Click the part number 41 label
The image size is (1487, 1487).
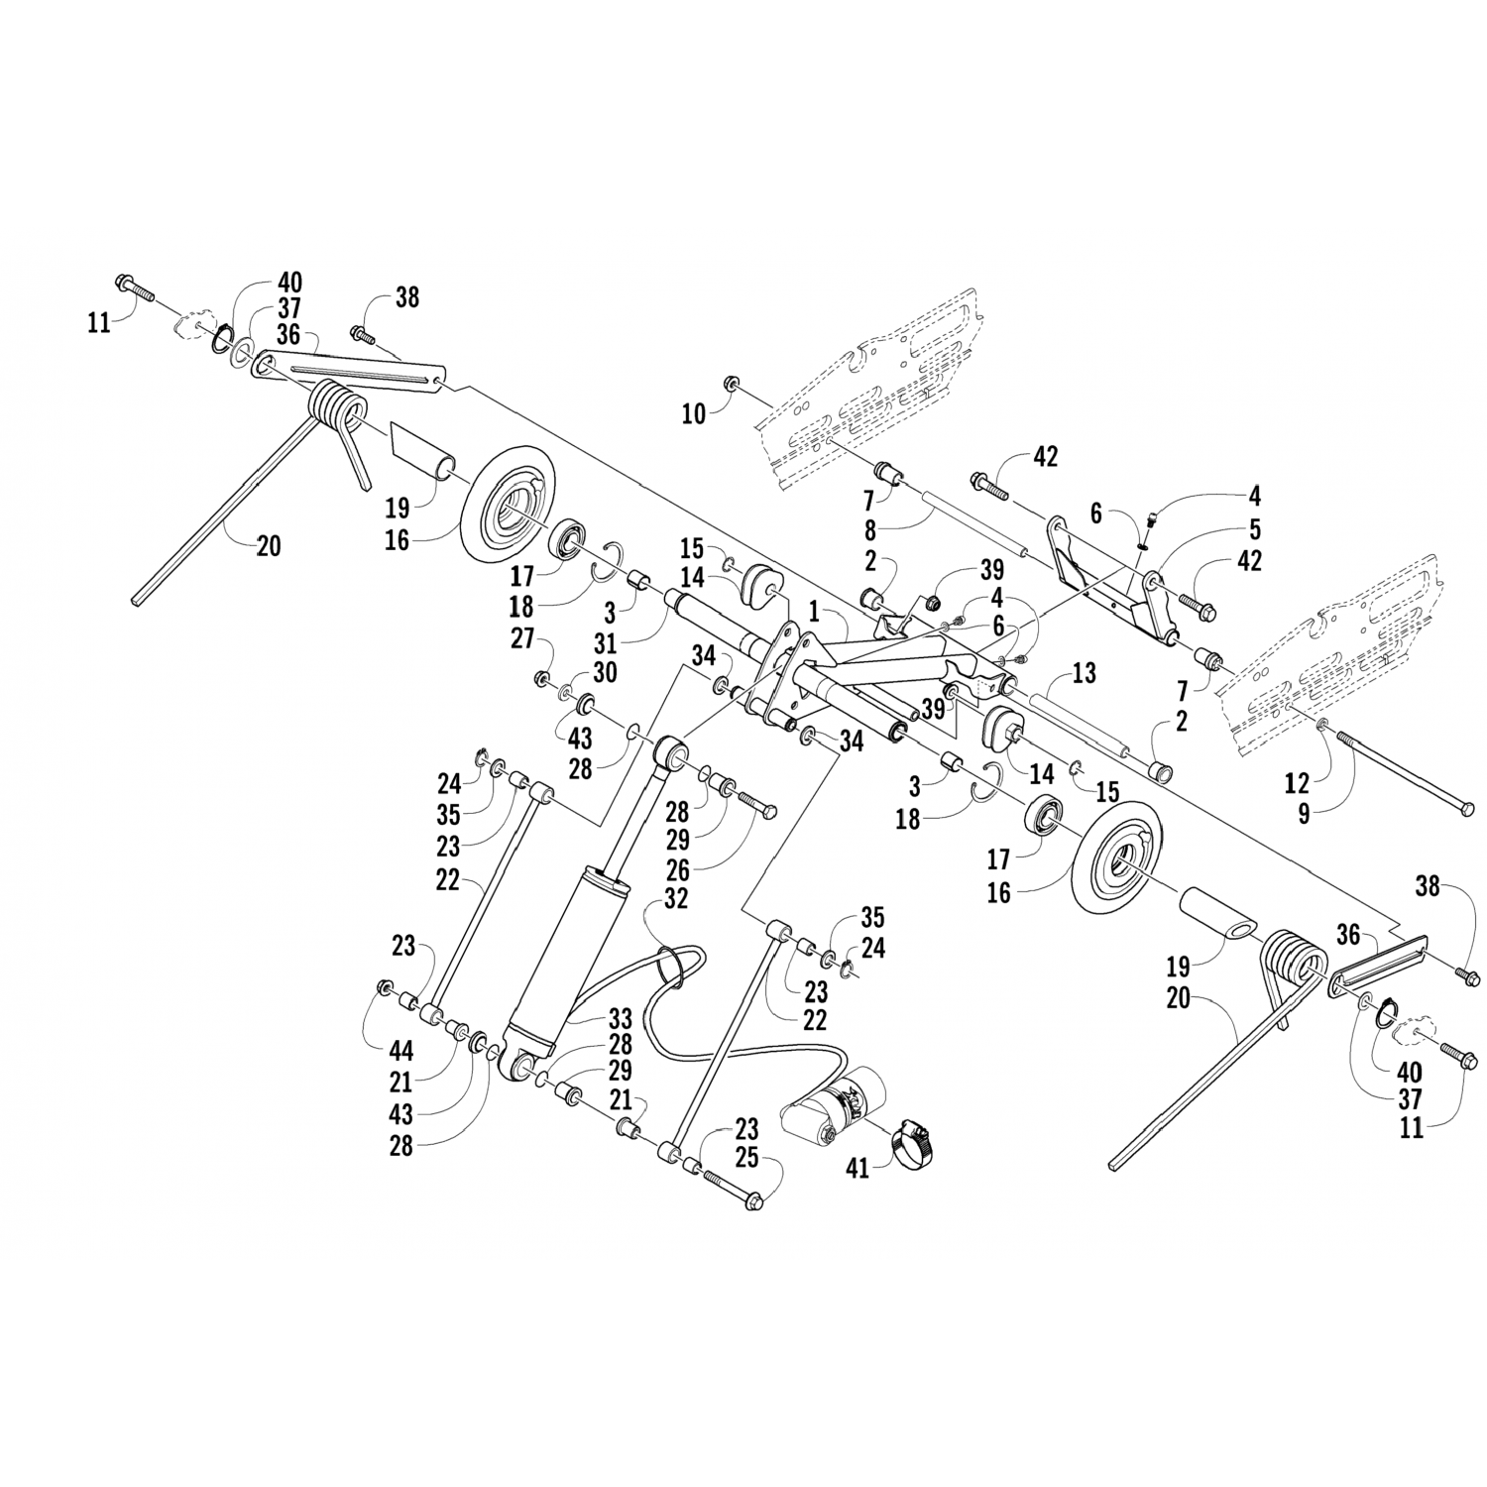pyautogui.click(x=857, y=1169)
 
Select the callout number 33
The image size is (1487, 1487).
pyautogui.click(x=620, y=1018)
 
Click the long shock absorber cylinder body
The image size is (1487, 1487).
pyautogui.click(x=572, y=952)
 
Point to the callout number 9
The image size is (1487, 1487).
pyautogui.click(x=1305, y=814)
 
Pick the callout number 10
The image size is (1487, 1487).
pyautogui.click(x=693, y=413)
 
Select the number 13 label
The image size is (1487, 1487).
pyautogui.click(x=1085, y=673)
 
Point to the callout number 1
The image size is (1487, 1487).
pyautogui.click(x=813, y=615)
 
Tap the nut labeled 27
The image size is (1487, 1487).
pyautogui.click(x=542, y=678)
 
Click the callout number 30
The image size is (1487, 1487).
pyautogui.click(x=606, y=672)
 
